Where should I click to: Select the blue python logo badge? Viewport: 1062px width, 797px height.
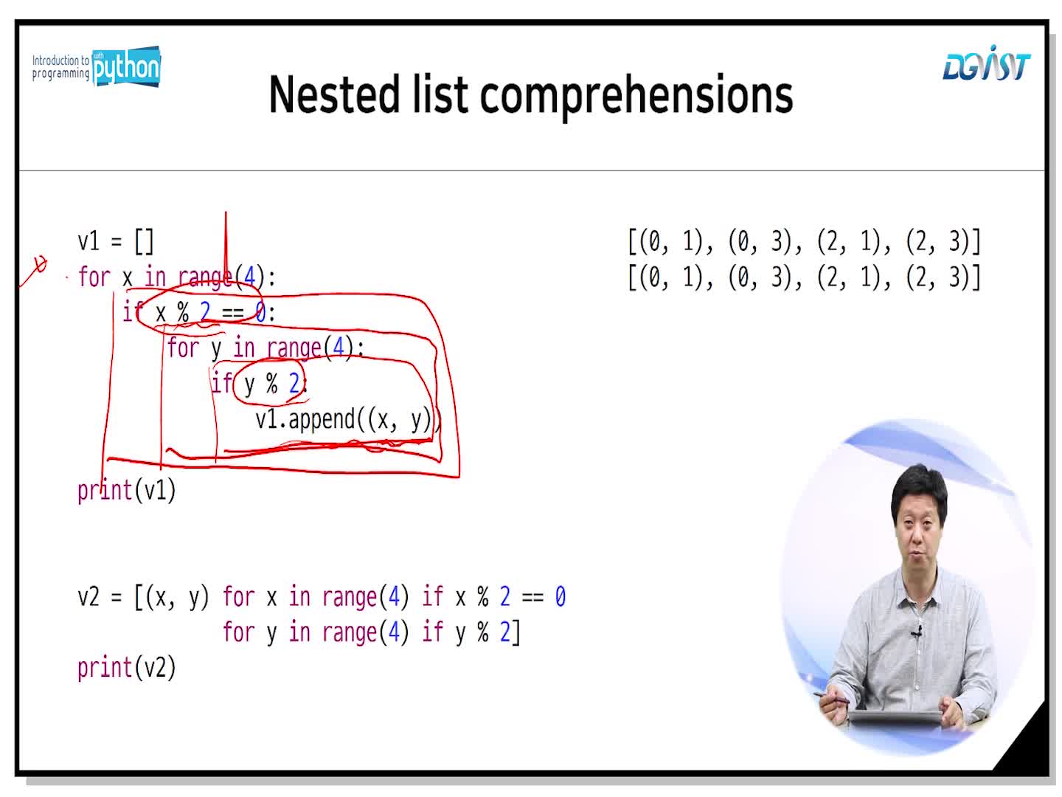(126, 66)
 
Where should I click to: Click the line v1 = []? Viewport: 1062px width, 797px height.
(116, 241)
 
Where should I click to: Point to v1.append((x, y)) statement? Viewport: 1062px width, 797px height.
(348, 420)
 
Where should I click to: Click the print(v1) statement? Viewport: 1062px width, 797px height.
(126, 491)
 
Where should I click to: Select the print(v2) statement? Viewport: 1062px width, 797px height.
(126, 669)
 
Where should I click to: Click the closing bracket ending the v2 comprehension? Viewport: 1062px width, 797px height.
(516, 632)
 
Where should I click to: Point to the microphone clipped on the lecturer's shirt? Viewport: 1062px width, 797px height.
(916, 631)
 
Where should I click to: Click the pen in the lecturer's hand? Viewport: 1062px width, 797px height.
(831, 697)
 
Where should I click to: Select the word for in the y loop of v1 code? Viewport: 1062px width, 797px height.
(182, 348)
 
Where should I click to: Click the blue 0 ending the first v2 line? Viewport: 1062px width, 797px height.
(560, 597)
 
